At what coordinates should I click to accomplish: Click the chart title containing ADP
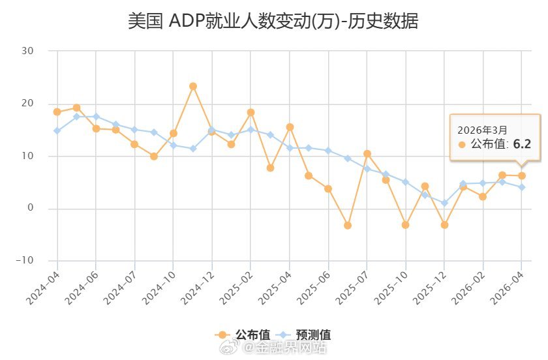pyautogui.click(x=273, y=21)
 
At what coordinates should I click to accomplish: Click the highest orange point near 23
pyautogui.click(x=193, y=86)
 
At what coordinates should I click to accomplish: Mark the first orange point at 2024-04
pyautogui.click(x=57, y=112)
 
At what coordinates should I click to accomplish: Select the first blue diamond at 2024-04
pyautogui.click(x=57, y=130)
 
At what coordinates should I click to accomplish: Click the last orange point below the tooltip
pyautogui.click(x=521, y=175)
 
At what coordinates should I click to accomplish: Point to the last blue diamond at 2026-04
pyautogui.click(x=521, y=187)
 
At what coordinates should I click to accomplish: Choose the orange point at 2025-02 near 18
pyautogui.click(x=251, y=112)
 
